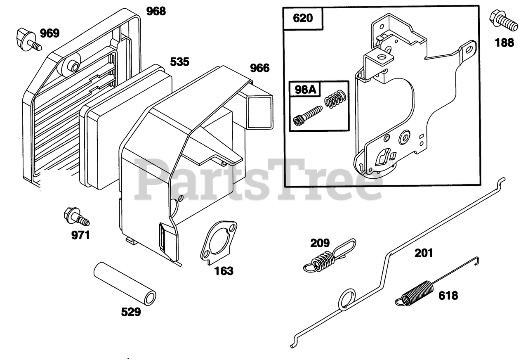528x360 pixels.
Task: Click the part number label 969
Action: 49,33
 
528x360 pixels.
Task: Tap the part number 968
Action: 156,11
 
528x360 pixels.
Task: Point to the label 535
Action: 180,62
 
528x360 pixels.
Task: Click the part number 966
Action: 260,68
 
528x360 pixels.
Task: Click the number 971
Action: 80,235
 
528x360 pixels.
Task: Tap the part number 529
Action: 131,312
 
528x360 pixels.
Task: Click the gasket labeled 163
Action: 218,242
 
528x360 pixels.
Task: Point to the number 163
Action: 224,271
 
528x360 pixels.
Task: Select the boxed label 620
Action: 303,19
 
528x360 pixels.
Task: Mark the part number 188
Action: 504,42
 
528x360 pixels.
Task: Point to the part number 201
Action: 424,253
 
